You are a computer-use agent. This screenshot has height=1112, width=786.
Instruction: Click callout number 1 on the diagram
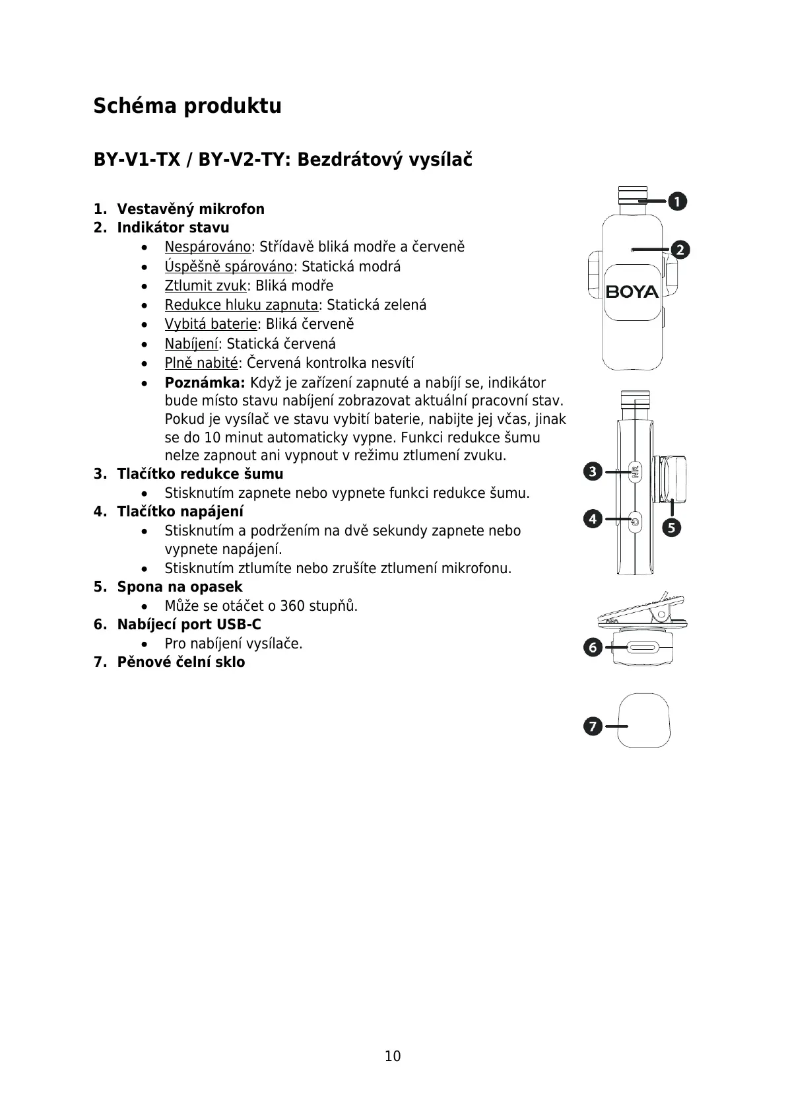676,201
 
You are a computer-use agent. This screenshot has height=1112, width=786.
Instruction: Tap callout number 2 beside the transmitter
680,250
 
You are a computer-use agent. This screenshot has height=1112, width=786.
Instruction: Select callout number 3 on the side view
593,471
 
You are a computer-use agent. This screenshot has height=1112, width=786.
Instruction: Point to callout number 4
593,519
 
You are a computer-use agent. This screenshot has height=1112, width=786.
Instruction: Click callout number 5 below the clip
672,528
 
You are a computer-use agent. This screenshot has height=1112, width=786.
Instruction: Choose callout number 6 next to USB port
593,648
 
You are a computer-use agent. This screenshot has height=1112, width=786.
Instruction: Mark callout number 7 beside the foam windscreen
592,726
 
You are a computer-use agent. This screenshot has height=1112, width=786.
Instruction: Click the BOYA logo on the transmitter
632,292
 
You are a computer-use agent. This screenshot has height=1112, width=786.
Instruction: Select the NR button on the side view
635,472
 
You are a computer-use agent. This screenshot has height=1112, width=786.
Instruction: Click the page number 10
393,1056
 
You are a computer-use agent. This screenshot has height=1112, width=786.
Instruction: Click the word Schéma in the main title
134,106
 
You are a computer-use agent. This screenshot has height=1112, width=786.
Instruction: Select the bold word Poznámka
205,383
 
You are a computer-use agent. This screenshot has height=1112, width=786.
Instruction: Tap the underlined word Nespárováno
208,247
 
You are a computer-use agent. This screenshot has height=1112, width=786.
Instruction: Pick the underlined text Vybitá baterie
211,324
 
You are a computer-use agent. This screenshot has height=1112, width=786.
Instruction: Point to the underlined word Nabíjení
191,344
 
